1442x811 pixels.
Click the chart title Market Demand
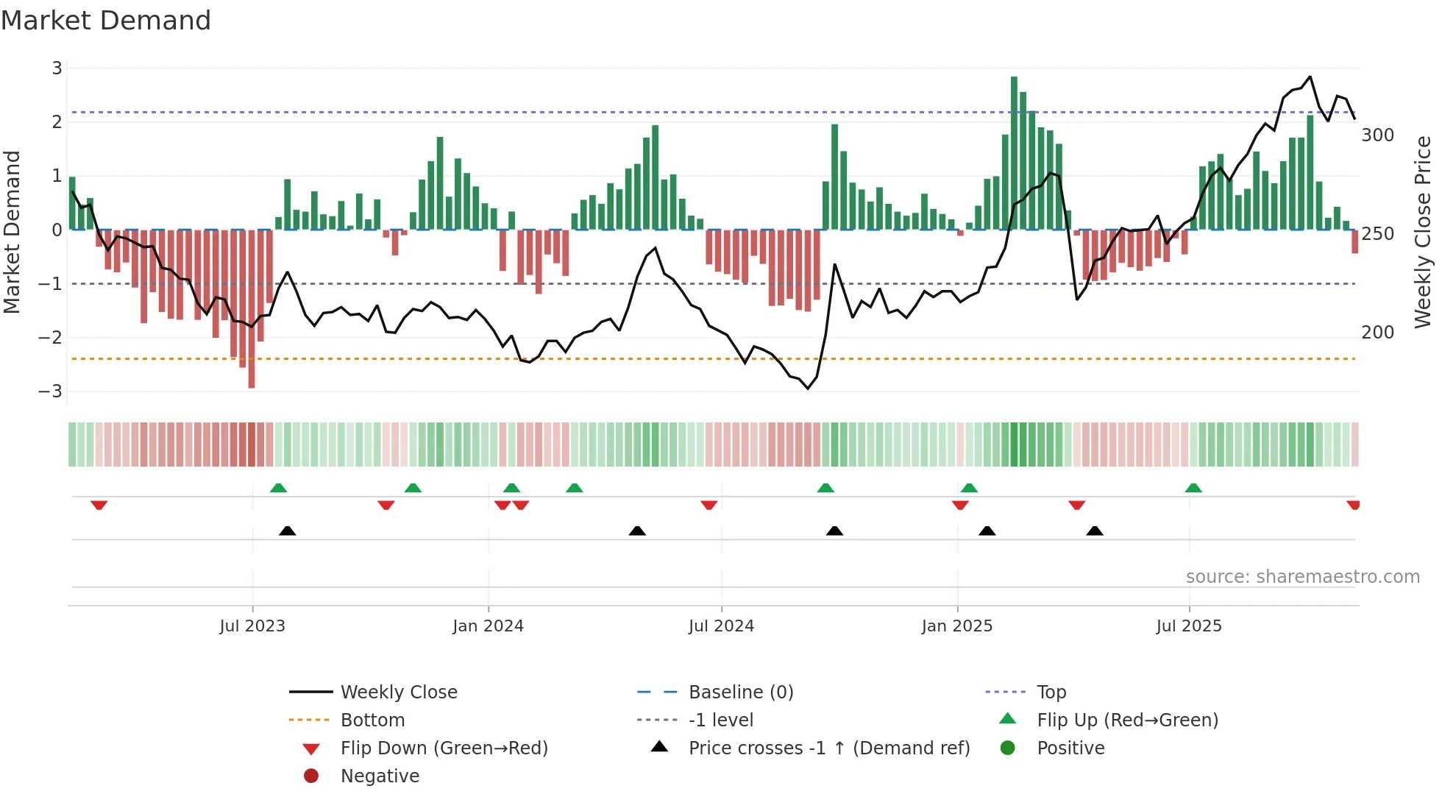pos(106,21)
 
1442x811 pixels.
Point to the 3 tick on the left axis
pos(57,68)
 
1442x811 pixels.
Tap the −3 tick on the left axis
pos(50,392)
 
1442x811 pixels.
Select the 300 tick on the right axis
pos(1377,135)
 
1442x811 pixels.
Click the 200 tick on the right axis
pos(1377,333)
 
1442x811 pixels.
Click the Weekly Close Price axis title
pos(1423,232)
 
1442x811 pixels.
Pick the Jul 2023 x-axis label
pos(252,626)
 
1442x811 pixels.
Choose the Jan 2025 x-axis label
pos(956,626)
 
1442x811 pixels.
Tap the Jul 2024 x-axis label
pos(721,626)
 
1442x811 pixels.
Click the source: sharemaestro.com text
pos(1302,577)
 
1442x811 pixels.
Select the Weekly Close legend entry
pos(398,693)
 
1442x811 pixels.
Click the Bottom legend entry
pos(372,720)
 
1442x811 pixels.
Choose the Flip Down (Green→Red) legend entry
pos(444,748)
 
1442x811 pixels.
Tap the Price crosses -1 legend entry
pos(828,748)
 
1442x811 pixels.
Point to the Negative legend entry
pos(380,776)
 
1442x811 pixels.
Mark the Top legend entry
pos(1051,693)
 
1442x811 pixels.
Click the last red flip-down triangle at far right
pos(1353,505)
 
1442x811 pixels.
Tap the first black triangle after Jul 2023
pos(288,531)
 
